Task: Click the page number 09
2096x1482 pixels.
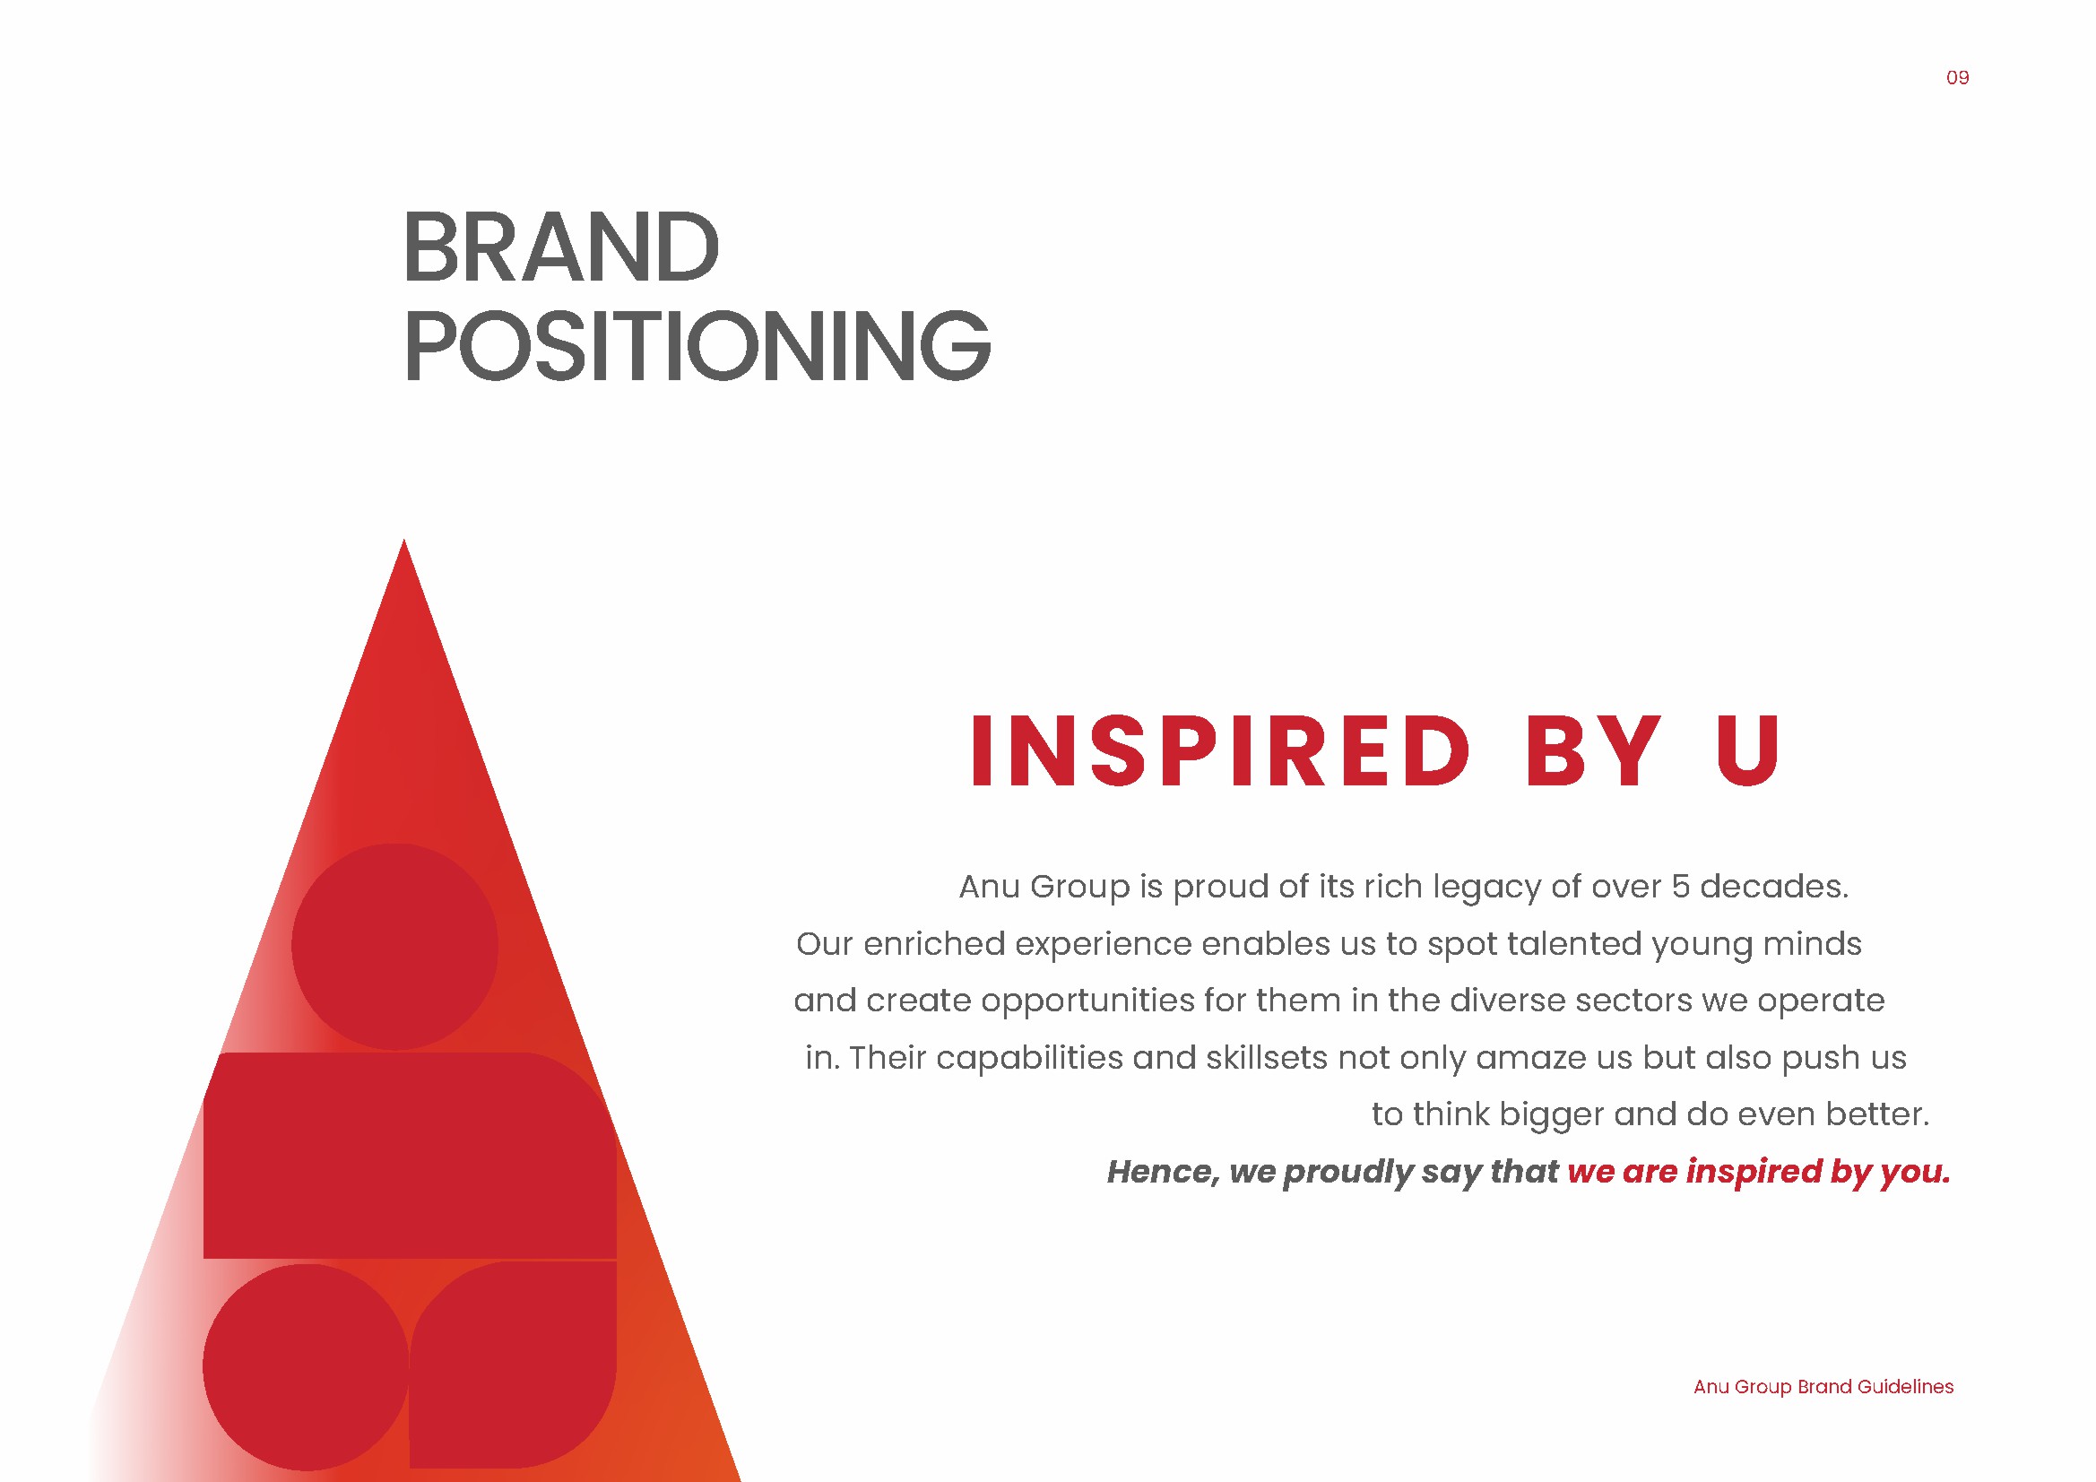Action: tap(1957, 79)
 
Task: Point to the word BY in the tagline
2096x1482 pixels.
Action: tap(1593, 750)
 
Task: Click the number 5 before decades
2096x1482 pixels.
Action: tap(1681, 886)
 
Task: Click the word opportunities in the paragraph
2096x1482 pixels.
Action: tap(1088, 1001)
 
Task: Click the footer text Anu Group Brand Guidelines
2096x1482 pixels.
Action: tap(1823, 1387)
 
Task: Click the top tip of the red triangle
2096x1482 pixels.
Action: tap(404, 540)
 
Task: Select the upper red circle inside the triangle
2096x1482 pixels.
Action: tap(394, 946)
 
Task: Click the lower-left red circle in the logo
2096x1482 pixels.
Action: tap(306, 1367)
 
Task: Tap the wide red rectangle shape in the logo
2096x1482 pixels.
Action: tap(410, 1155)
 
